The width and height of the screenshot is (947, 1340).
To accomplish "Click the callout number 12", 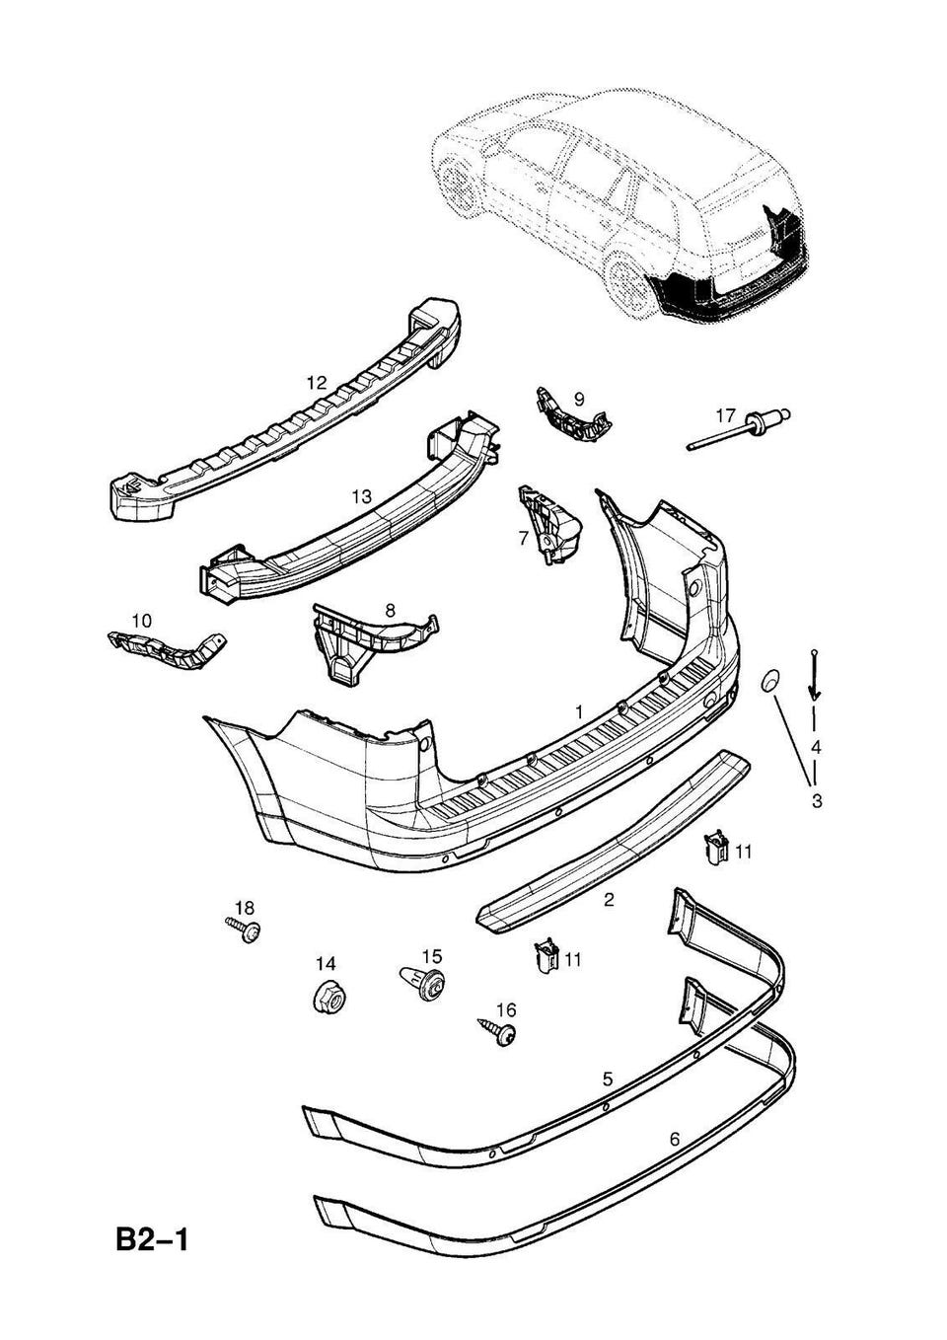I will click(x=316, y=382).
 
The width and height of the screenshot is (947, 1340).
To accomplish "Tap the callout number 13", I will click(x=361, y=496).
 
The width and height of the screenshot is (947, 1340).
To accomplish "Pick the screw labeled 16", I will click(x=498, y=1031).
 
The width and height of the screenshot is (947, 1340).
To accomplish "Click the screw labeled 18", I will click(x=245, y=929).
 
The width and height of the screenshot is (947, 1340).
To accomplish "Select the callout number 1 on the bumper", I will click(x=579, y=710).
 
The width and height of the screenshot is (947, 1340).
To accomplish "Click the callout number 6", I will click(x=675, y=1139).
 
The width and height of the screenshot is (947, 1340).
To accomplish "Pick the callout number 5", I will click(x=608, y=1079).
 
